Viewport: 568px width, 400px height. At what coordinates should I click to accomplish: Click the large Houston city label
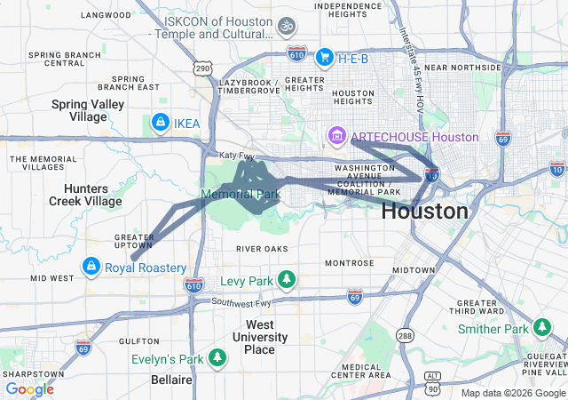(x=424, y=212)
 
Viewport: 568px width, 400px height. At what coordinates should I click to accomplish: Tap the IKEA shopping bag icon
(x=160, y=122)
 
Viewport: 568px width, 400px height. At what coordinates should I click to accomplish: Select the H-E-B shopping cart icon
(x=324, y=57)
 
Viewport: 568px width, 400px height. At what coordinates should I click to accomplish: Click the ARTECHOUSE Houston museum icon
(x=336, y=137)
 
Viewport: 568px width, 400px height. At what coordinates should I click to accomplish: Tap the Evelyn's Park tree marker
(x=217, y=358)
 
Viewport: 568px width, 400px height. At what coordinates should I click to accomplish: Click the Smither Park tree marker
(x=541, y=329)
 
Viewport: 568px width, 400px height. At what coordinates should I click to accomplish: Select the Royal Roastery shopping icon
(x=91, y=267)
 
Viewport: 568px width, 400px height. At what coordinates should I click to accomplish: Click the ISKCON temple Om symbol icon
(x=286, y=27)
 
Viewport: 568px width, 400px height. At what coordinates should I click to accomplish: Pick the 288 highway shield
(x=406, y=335)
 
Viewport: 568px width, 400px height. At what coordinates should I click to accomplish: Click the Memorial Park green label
(x=241, y=194)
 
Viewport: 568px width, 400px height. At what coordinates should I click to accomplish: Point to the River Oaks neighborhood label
(x=263, y=248)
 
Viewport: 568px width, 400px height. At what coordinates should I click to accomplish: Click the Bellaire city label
(x=172, y=380)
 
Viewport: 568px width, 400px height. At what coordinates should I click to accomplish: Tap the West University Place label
(x=259, y=337)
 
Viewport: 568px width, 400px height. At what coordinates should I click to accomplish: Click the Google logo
(x=29, y=388)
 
